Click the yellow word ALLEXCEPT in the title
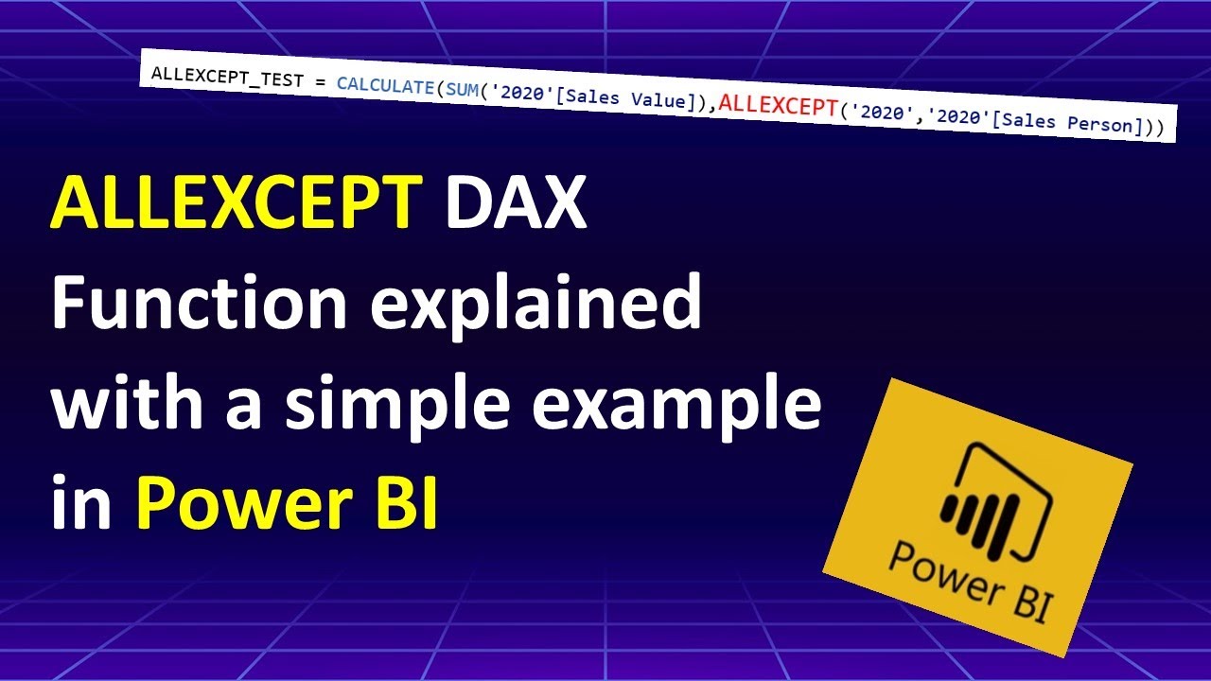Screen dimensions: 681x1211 click(x=236, y=203)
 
